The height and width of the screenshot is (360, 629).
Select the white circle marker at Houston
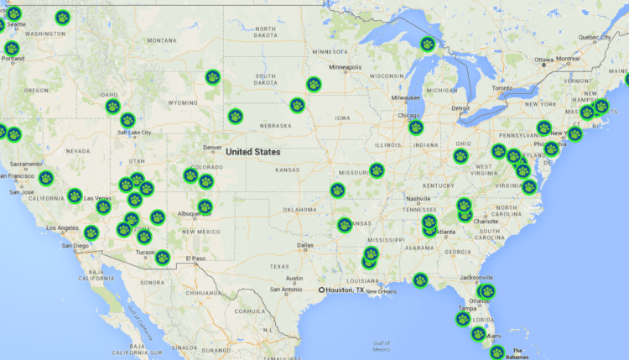coord(321,290)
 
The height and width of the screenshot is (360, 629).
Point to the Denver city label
coord(211,148)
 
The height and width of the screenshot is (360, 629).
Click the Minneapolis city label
coord(345,67)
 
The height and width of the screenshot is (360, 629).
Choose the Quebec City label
coord(595,37)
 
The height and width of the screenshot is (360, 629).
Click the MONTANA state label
coord(161,40)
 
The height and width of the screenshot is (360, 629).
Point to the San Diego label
coord(75,246)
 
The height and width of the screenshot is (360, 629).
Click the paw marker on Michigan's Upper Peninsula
coord(428,44)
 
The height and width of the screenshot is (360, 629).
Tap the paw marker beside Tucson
coord(163,257)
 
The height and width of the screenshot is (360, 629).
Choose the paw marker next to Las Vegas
coord(103,206)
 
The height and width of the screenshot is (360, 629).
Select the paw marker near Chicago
coord(416,128)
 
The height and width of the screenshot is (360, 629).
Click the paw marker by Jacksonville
coord(487,291)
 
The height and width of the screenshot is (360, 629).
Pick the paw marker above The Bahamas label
coord(497,352)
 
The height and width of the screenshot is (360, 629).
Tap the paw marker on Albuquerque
coord(205,206)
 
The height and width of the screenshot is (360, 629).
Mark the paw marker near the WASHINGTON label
coord(62,17)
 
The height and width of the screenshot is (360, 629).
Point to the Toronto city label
coord(502,88)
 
